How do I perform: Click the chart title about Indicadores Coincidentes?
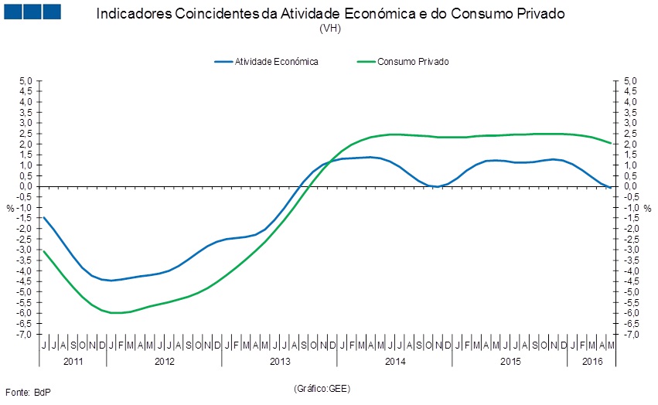coord(330,15)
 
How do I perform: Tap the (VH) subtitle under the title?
coord(330,29)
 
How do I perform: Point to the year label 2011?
coord(73,361)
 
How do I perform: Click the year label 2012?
coord(164,361)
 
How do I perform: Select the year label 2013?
coord(279,361)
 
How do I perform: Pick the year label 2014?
coord(394,361)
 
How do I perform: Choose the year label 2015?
coord(510,361)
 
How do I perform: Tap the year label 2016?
coord(592,361)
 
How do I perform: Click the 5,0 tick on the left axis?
coord(26,80)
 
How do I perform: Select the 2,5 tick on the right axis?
coord(629,133)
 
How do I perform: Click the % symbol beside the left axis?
coord(10,208)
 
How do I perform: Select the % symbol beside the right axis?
coord(648,208)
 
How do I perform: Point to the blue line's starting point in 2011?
coord(44,217)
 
